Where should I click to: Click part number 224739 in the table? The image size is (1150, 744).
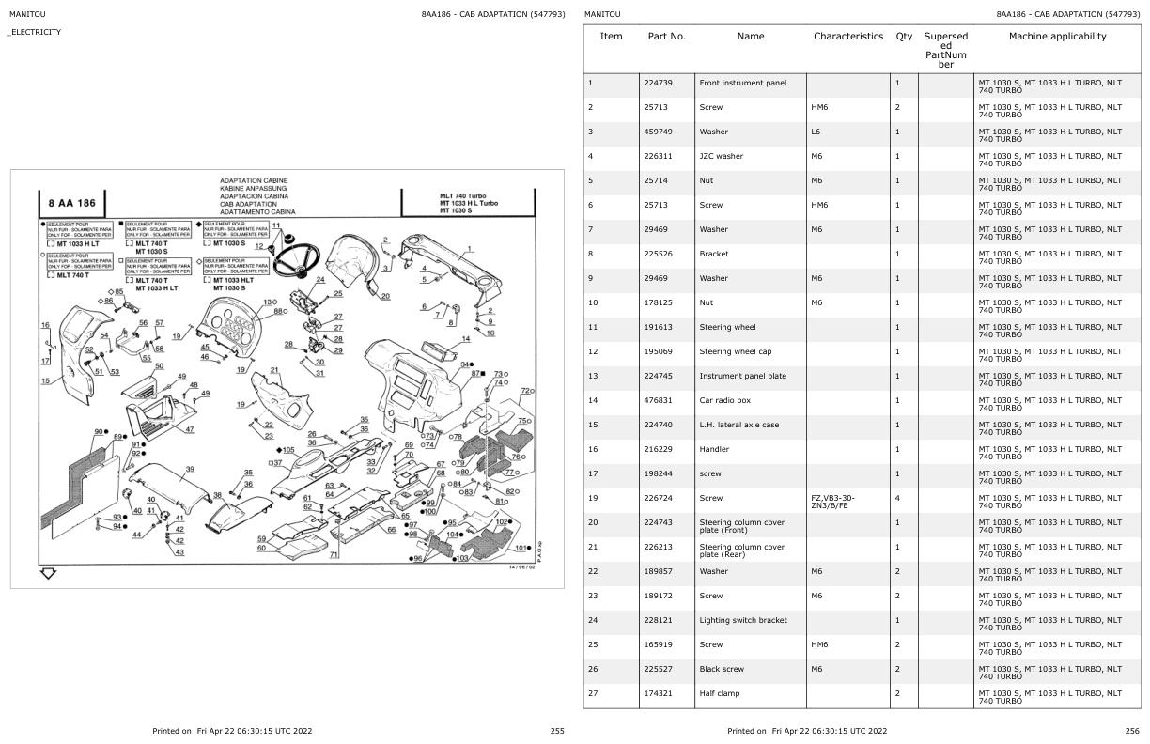tap(658, 83)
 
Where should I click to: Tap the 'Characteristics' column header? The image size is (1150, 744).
tap(847, 37)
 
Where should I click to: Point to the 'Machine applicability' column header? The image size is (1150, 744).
tap(1057, 37)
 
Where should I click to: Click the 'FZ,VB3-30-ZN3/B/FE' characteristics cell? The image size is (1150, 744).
tap(832, 502)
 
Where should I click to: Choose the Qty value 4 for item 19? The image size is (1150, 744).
tap(898, 498)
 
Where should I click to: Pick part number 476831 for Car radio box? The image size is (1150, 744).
tap(658, 400)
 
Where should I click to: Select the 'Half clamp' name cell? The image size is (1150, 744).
tap(719, 693)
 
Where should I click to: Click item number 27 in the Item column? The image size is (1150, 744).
tap(593, 693)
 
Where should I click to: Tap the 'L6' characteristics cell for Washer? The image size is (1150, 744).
tap(816, 132)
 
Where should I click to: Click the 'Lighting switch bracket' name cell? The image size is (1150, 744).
tap(743, 620)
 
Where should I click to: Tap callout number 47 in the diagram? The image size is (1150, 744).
tap(189, 429)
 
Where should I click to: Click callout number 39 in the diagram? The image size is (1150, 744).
tap(190, 469)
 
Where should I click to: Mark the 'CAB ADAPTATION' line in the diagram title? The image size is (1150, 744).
tap(248, 204)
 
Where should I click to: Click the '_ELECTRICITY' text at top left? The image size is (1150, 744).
tap(35, 32)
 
